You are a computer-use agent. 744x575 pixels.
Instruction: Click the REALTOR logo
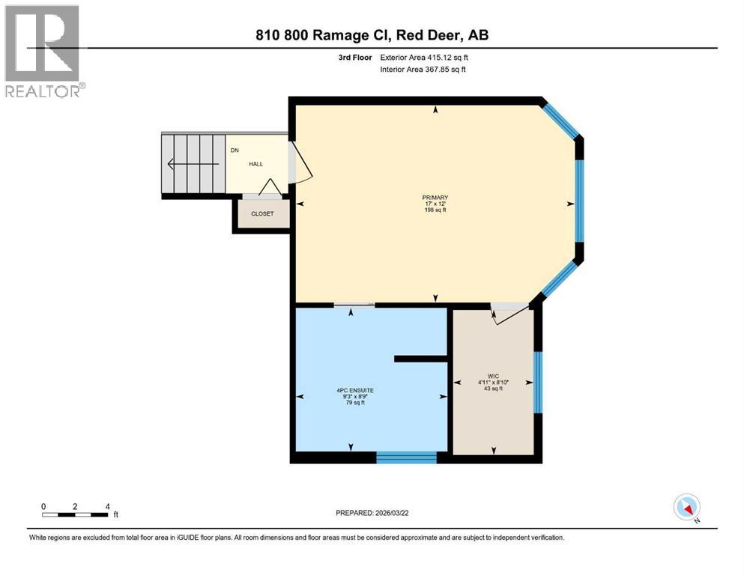42,51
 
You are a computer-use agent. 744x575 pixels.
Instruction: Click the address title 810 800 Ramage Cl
372,34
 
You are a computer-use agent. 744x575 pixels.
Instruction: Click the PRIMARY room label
435,204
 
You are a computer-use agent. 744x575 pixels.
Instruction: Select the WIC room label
492,381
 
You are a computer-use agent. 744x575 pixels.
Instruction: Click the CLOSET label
262,214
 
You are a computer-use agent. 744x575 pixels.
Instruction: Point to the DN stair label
235,150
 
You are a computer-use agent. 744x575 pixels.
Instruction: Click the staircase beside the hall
194,164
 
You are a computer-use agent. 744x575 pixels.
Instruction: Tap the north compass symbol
687,508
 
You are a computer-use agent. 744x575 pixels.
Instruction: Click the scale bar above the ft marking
76,514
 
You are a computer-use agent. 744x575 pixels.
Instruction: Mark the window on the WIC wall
537,383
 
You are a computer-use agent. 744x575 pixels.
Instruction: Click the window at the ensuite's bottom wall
405,457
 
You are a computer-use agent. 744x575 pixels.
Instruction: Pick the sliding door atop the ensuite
354,305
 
